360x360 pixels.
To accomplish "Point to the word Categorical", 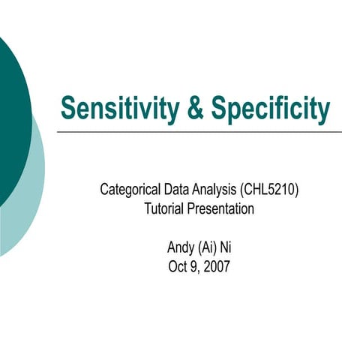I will [130, 190].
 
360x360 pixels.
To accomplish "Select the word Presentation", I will [222, 209].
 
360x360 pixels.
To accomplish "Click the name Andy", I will [177, 247].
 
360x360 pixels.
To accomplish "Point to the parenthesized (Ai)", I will [207, 247].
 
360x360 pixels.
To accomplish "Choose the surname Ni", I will [228, 247].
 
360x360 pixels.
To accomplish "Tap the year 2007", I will [217, 265].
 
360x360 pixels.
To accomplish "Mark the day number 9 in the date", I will [194, 265].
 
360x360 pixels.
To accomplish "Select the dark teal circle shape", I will [9, 112].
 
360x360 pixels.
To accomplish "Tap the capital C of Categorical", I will [105, 190].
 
